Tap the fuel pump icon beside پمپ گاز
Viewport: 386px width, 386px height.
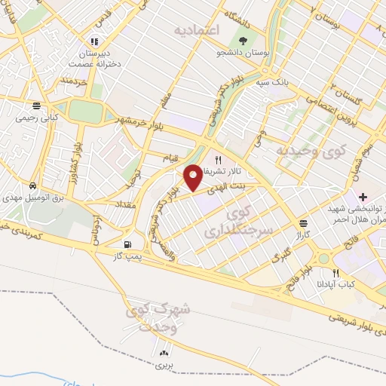(127, 244)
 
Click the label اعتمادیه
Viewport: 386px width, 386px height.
(195, 31)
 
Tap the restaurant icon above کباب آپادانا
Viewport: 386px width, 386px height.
(336, 273)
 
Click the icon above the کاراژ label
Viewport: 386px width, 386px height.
(303, 223)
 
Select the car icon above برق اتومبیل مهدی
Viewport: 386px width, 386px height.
(33, 185)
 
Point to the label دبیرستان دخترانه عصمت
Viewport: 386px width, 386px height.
(94, 59)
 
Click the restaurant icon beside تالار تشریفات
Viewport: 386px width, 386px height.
(218, 160)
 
